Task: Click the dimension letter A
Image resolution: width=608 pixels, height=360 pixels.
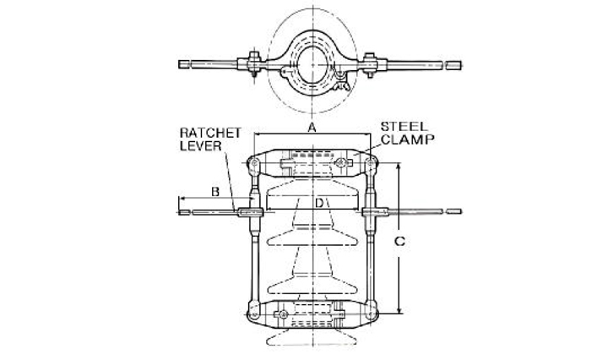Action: [312, 128]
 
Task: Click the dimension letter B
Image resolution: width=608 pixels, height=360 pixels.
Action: [215, 192]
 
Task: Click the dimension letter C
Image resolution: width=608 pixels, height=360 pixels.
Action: [399, 242]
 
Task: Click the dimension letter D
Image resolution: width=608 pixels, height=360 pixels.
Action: [318, 203]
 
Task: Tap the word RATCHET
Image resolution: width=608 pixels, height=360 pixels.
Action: [210, 133]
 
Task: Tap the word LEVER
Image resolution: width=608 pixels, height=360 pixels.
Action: [200, 146]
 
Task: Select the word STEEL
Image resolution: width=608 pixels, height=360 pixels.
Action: [404, 127]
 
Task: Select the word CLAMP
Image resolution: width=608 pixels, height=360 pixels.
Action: [408, 139]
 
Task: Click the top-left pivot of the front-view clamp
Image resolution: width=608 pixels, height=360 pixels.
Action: [254, 163]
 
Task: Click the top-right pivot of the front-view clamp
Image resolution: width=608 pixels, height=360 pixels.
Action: [371, 163]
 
